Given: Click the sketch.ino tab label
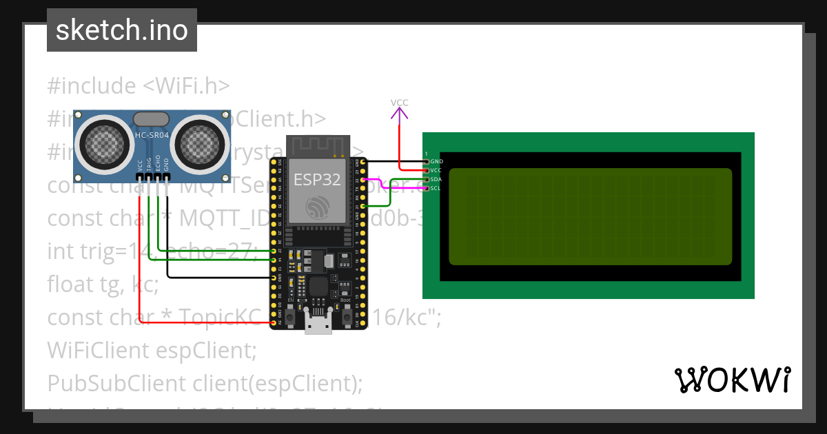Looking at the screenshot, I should pyautogui.click(x=121, y=30).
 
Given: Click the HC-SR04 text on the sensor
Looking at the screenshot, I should pyautogui.click(x=152, y=136).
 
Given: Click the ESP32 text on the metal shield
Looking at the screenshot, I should pyautogui.click(x=315, y=180).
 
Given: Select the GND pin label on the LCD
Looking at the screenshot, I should pyautogui.click(x=436, y=161).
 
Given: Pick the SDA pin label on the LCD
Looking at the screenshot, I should pyautogui.click(x=436, y=179).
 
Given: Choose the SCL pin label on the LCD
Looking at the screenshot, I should pyautogui.click(x=436, y=188).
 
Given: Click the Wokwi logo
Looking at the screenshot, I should pyautogui.click(x=732, y=380).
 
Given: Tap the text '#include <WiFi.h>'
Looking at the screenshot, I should pyautogui.click(x=138, y=86).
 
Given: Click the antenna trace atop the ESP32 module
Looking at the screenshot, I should pyautogui.click(x=315, y=145).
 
